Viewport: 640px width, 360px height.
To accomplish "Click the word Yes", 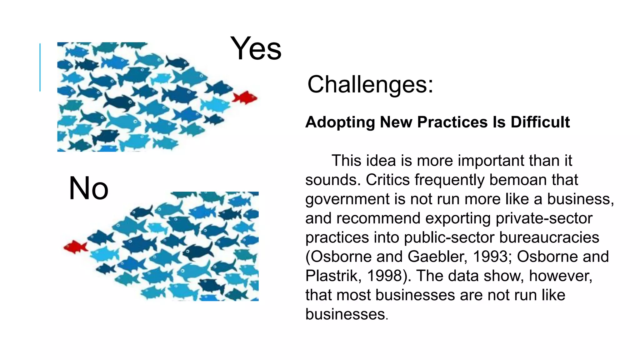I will coord(256,49).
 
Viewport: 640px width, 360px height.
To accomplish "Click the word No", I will coord(88,188).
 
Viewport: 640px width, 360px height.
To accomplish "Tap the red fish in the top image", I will coord(245,97).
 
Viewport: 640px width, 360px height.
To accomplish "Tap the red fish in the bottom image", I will coord(76,247).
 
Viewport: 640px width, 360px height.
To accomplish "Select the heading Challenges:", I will coord(370,84).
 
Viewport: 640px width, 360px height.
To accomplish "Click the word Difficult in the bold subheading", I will coord(540,122).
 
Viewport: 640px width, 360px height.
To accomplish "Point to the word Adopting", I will coord(340,122).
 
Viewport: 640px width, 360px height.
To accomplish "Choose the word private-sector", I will coord(544,218).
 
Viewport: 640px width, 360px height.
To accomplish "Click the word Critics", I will coord(387,180).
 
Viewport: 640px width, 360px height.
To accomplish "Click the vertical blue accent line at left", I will coord(40,67).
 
